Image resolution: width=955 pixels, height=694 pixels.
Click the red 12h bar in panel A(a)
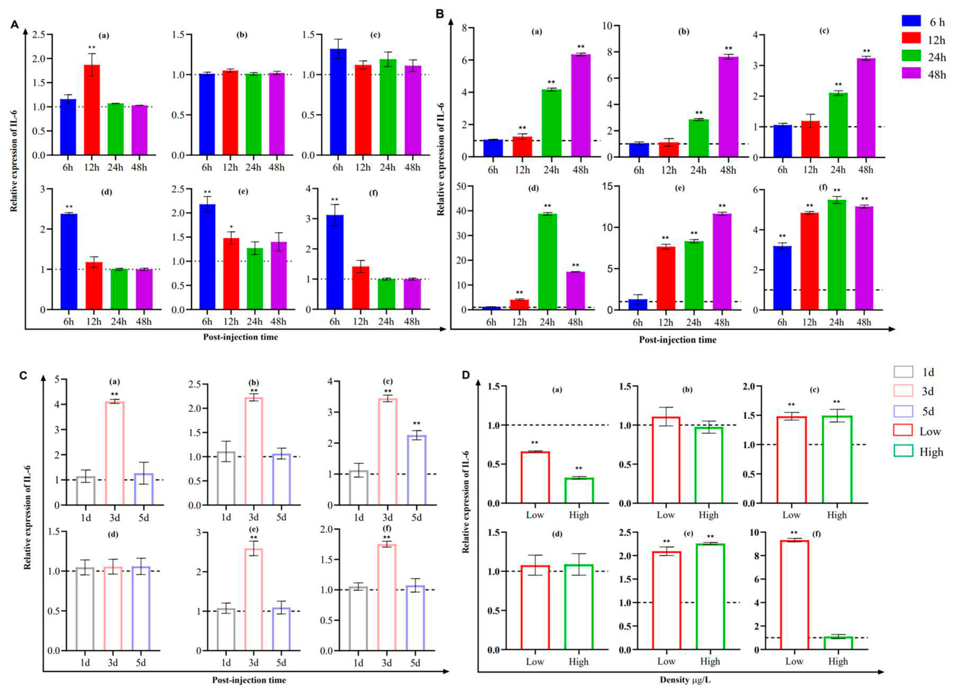click(x=92, y=110)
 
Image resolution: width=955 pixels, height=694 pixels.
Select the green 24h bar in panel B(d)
click(x=547, y=262)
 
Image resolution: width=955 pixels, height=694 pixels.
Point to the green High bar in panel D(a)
click(x=579, y=491)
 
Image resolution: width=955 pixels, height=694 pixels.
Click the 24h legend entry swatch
click(x=911, y=56)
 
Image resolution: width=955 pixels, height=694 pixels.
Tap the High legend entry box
click(x=903, y=451)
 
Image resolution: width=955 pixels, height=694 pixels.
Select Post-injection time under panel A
click(x=240, y=337)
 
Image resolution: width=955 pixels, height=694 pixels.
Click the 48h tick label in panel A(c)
click(x=412, y=168)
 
